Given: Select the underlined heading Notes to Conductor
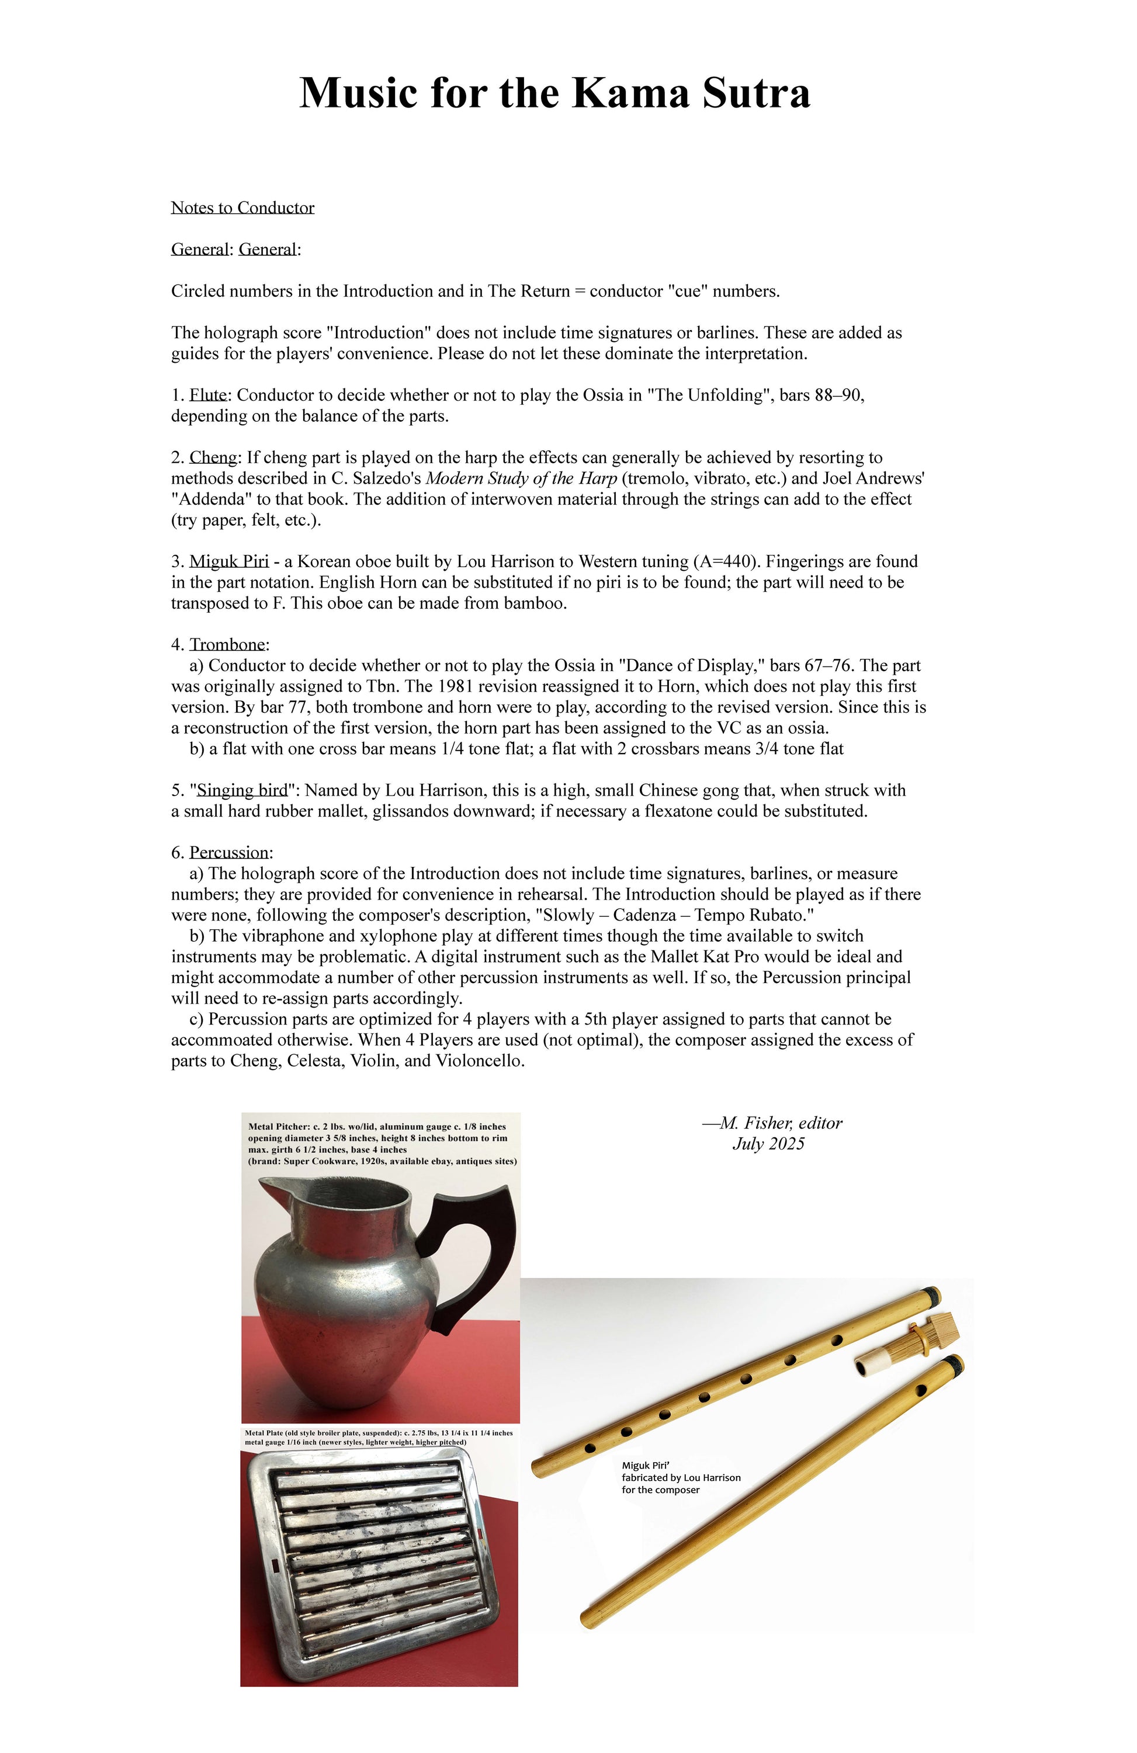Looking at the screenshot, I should tap(242, 208).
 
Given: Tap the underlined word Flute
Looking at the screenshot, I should tap(208, 395).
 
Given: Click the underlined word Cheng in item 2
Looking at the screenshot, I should tap(213, 457).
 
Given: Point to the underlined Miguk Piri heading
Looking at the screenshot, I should tap(228, 561).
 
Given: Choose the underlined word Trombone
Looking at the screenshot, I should tap(227, 644).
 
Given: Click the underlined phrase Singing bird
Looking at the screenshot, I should tap(242, 790).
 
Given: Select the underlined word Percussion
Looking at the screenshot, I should tap(229, 852).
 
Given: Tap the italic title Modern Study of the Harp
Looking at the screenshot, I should tap(521, 479).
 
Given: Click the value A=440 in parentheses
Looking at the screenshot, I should tap(725, 561).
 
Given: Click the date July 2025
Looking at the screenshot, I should tap(768, 1144).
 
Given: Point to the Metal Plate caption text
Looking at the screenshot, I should tap(378, 1437).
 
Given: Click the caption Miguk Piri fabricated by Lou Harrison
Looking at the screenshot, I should tap(680, 1477).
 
